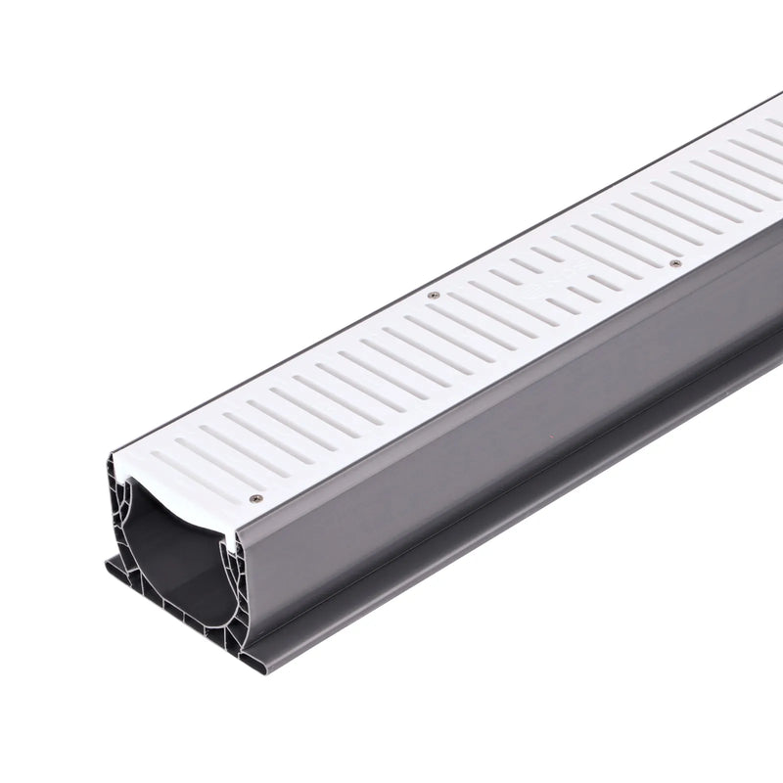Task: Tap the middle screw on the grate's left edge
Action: point(434,295)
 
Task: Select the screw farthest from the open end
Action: point(674,263)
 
